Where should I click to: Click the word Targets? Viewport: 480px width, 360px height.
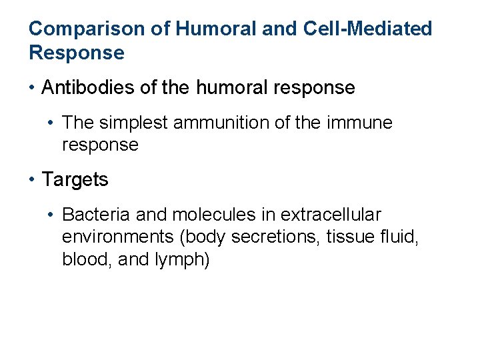point(75,179)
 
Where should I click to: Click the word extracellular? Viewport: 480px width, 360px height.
point(331,215)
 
